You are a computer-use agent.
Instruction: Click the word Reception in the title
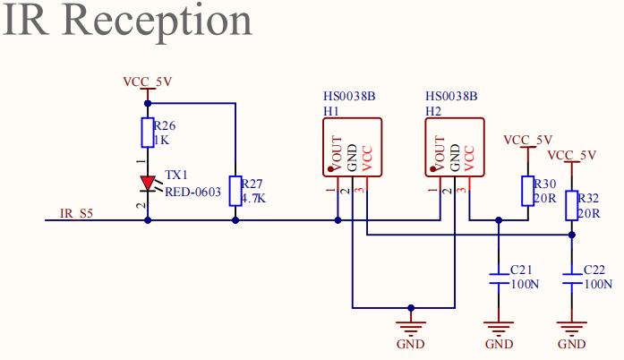pyautogui.click(x=157, y=21)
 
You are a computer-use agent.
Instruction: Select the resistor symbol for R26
pyautogui.click(x=148, y=133)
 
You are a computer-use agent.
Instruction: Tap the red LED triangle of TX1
pyautogui.click(x=148, y=184)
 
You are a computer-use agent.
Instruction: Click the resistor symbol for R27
pyautogui.click(x=235, y=191)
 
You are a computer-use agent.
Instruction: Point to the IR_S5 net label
pyautogui.click(x=76, y=214)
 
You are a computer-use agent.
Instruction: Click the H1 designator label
pyautogui.click(x=331, y=111)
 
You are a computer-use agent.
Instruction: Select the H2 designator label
pyautogui.click(x=433, y=111)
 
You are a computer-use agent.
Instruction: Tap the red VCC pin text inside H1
pyautogui.click(x=367, y=159)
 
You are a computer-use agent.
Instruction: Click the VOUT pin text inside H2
pyautogui.click(x=440, y=153)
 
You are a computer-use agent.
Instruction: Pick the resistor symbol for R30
pyautogui.click(x=527, y=191)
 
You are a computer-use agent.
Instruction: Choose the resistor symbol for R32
pyautogui.click(x=572, y=205)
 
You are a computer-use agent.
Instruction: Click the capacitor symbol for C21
pyautogui.click(x=499, y=279)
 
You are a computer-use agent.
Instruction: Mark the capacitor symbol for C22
pyautogui.click(x=572, y=279)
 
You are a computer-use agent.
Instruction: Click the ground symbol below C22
pyautogui.click(x=572, y=328)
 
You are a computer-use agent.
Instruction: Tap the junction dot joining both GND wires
pyautogui.click(x=411, y=308)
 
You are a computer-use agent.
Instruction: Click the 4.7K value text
pyautogui.click(x=253, y=198)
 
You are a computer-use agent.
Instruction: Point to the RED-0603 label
pyautogui.click(x=192, y=192)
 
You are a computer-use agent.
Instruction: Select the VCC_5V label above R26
pyautogui.click(x=147, y=81)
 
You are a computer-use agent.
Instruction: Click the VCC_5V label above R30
pyautogui.click(x=527, y=141)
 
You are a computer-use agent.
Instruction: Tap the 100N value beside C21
pyautogui.click(x=525, y=285)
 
